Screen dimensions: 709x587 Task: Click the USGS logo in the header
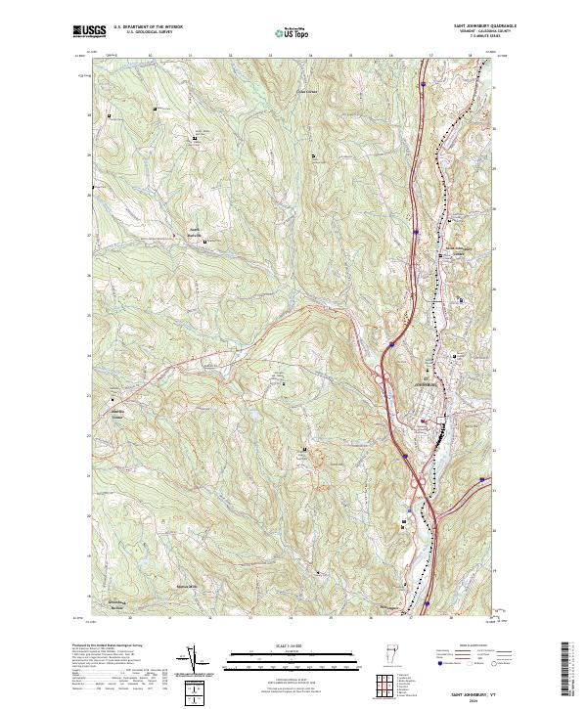click(x=89, y=31)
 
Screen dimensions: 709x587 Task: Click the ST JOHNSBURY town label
click(x=423, y=382)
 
